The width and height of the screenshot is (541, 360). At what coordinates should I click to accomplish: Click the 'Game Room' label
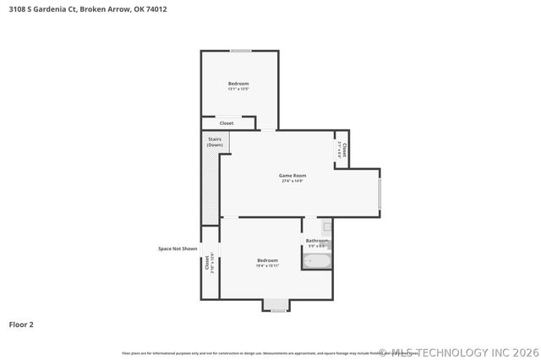[292, 175]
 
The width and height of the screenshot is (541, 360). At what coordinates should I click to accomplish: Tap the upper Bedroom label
[238, 83]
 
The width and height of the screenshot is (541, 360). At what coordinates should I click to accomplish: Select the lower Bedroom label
[267, 259]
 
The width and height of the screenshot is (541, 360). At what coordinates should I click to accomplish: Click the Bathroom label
[317, 240]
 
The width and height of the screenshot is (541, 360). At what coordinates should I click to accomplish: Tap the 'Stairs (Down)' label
[215, 142]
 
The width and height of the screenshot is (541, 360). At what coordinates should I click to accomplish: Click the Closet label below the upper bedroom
[227, 123]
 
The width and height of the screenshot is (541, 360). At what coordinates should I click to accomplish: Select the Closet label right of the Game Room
[343, 150]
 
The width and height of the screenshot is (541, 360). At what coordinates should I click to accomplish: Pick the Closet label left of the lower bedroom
[207, 263]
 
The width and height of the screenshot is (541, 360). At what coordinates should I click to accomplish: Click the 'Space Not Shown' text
[178, 248]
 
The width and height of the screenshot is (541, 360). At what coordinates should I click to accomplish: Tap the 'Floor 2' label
[21, 324]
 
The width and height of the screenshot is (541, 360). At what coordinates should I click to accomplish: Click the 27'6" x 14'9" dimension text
[292, 181]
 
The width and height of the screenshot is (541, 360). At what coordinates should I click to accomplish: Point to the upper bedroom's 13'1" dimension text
[238, 89]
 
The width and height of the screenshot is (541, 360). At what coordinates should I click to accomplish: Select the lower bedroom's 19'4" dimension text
[267, 265]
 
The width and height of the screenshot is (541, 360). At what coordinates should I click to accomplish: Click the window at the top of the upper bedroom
[241, 51]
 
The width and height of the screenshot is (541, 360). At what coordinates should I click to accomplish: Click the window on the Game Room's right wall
[380, 193]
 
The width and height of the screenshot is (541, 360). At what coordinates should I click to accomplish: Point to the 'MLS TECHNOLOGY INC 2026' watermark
[456, 352]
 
